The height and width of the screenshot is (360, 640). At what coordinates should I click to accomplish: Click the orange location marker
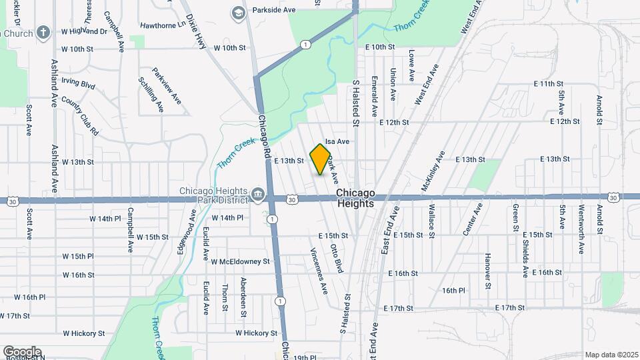(321, 159)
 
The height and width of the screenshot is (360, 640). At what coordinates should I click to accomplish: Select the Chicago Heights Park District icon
(258, 195)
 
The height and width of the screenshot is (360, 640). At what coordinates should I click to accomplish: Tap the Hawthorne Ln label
(162, 26)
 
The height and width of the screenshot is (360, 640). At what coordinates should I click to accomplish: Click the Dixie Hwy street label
(197, 31)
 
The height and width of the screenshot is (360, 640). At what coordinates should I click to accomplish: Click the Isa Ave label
(337, 142)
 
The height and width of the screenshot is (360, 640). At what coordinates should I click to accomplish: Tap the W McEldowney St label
(240, 261)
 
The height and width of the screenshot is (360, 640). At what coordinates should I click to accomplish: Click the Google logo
(22, 352)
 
